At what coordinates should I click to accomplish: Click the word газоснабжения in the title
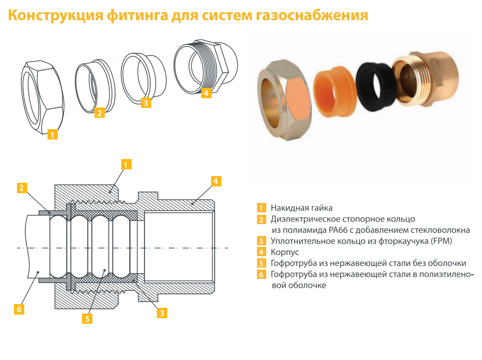pos(312,15)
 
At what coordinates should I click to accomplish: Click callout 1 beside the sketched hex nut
pos(52,135)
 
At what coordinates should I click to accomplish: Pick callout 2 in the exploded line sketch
pos(100,112)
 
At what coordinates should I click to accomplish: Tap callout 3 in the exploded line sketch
pos(146,102)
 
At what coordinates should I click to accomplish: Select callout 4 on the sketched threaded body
pos(206,93)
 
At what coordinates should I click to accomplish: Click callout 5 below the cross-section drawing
pos(87,318)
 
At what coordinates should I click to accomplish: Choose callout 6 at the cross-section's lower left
pos(19,309)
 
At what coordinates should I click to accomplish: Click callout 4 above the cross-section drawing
pos(216,181)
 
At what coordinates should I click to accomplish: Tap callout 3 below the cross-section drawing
pos(162,312)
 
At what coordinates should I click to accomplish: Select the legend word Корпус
pos(285,252)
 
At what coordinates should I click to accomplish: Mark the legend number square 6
pos(262,274)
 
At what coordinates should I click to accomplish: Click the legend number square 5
pos(262,263)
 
